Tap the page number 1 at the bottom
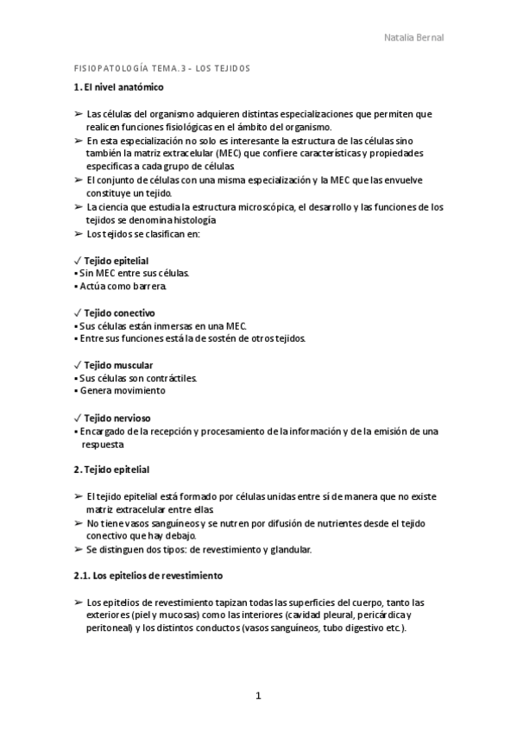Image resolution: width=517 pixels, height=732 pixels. [x=258, y=696]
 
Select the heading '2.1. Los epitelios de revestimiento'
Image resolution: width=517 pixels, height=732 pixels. [x=148, y=574]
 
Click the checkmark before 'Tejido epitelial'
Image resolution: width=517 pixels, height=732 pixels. [x=78, y=260]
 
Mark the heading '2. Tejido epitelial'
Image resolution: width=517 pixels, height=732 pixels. [x=111, y=470]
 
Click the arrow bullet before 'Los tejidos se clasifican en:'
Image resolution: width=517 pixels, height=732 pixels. [x=79, y=234]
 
